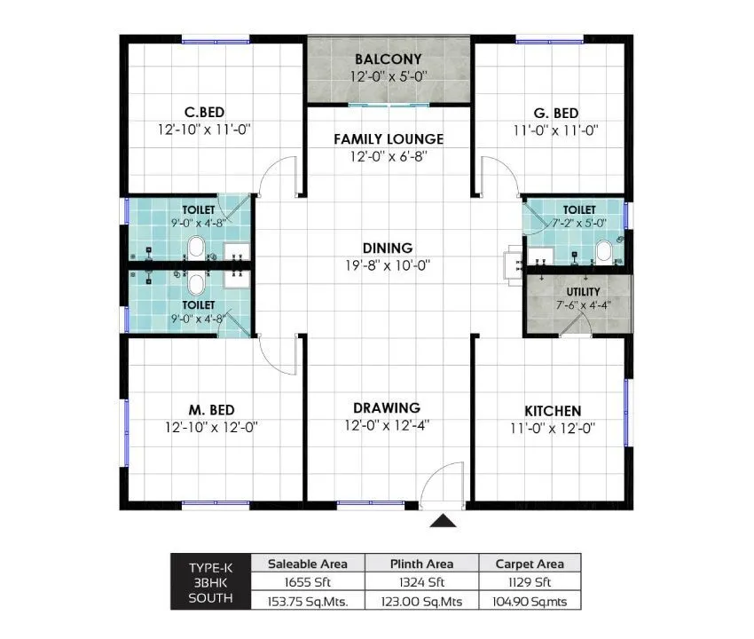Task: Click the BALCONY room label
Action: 388,59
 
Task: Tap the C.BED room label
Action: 204,112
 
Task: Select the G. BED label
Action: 556,113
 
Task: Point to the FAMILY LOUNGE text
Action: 389,139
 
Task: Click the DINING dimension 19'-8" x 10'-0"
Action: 388,264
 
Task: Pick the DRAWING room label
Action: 387,407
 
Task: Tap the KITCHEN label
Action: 553,411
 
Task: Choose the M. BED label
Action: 211,409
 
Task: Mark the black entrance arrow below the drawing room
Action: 443,521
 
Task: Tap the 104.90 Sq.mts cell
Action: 530,600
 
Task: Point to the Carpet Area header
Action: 530,564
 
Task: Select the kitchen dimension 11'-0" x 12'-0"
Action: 553,427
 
